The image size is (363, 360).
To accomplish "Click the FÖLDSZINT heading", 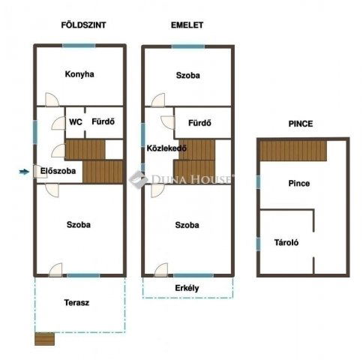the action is [x=83, y=25].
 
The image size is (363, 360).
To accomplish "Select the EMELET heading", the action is [x=187, y=25].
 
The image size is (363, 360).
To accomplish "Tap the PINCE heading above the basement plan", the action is [x=301, y=124].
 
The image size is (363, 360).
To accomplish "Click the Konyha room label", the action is [x=79, y=74].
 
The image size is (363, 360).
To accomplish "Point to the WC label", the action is [x=76, y=122].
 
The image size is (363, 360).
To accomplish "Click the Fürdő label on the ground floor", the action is [x=103, y=121].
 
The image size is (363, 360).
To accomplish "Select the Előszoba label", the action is [x=58, y=171].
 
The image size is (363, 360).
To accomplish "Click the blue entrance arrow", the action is [x=24, y=172].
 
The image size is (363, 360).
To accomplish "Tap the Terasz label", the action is [x=76, y=303].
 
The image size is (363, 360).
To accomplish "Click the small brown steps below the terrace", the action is [x=44, y=339].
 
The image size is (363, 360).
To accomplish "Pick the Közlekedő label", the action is [x=166, y=148].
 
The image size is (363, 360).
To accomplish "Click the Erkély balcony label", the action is [x=187, y=288].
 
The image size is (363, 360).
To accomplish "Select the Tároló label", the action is [x=286, y=242].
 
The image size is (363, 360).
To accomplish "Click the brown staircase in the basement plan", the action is [x=293, y=151].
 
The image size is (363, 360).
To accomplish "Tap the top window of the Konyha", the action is [x=79, y=46].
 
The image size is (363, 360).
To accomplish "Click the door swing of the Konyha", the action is [x=52, y=100].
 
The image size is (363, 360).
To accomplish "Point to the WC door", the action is [x=58, y=123].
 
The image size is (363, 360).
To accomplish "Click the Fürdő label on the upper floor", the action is [x=199, y=123].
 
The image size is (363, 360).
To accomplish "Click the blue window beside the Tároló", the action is [x=258, y=244].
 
